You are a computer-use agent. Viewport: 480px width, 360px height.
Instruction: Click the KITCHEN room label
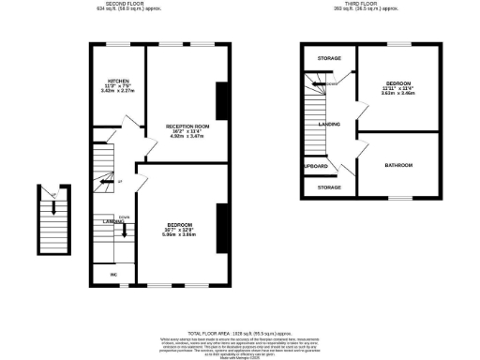point(117,81)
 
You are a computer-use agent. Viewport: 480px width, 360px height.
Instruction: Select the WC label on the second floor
point(112,274)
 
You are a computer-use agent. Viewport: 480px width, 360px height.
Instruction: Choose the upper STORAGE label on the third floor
point(329,58)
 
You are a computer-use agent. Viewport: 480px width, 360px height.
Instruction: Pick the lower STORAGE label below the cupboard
point(329,187)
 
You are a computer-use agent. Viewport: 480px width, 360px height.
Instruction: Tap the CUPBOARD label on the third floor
point(316,166)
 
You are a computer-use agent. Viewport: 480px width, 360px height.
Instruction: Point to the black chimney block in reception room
point(221,101)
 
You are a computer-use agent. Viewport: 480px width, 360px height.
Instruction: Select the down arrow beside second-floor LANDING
point(125,229)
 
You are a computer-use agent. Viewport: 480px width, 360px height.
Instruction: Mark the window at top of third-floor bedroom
point(400,43)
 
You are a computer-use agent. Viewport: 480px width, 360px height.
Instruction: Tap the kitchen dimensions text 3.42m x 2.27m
point(117,92)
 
